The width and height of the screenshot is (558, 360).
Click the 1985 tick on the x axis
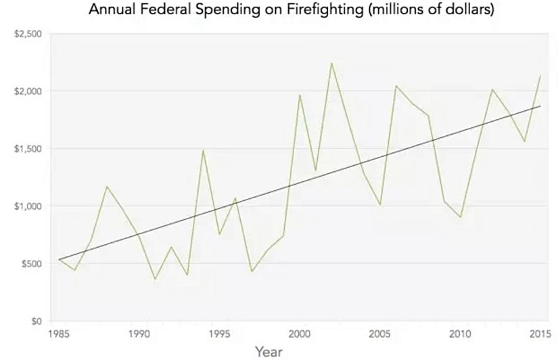click(x=59, y=334)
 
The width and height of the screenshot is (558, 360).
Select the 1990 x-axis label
click(x=139, y=334)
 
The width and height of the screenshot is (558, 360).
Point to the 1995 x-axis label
click(x=219, y=334)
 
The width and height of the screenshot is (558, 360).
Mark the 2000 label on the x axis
click(x=299, y=334)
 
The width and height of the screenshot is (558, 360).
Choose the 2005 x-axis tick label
click(x=379, y=334)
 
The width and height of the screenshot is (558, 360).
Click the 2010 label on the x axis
click(x=460, y=334)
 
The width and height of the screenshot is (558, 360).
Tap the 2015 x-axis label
click(x=540, y=334)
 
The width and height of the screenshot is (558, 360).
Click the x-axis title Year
click(x=269, y=351)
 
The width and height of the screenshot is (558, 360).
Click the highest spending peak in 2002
click(x=331, y=63)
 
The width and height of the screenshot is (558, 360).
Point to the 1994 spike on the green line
click(x=203, y=150)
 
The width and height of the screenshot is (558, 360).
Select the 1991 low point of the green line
click(x=155, y=279)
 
